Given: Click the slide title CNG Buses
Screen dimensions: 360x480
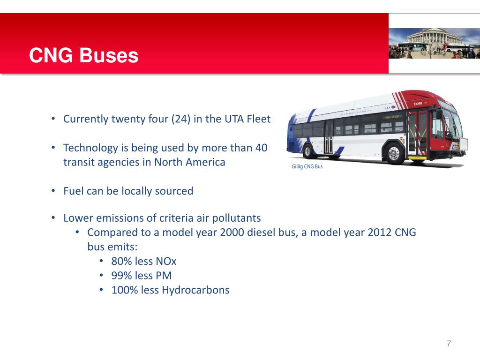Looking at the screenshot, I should pyautogui.click(x=83, y=56).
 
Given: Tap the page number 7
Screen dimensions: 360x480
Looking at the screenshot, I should pyautogui.click(x=449, y=344).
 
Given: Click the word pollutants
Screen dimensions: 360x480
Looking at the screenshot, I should pyautogui.click(x=237, y=218).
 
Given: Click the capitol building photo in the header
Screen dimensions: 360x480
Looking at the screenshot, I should pyautogui.click(x=434, y=43).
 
